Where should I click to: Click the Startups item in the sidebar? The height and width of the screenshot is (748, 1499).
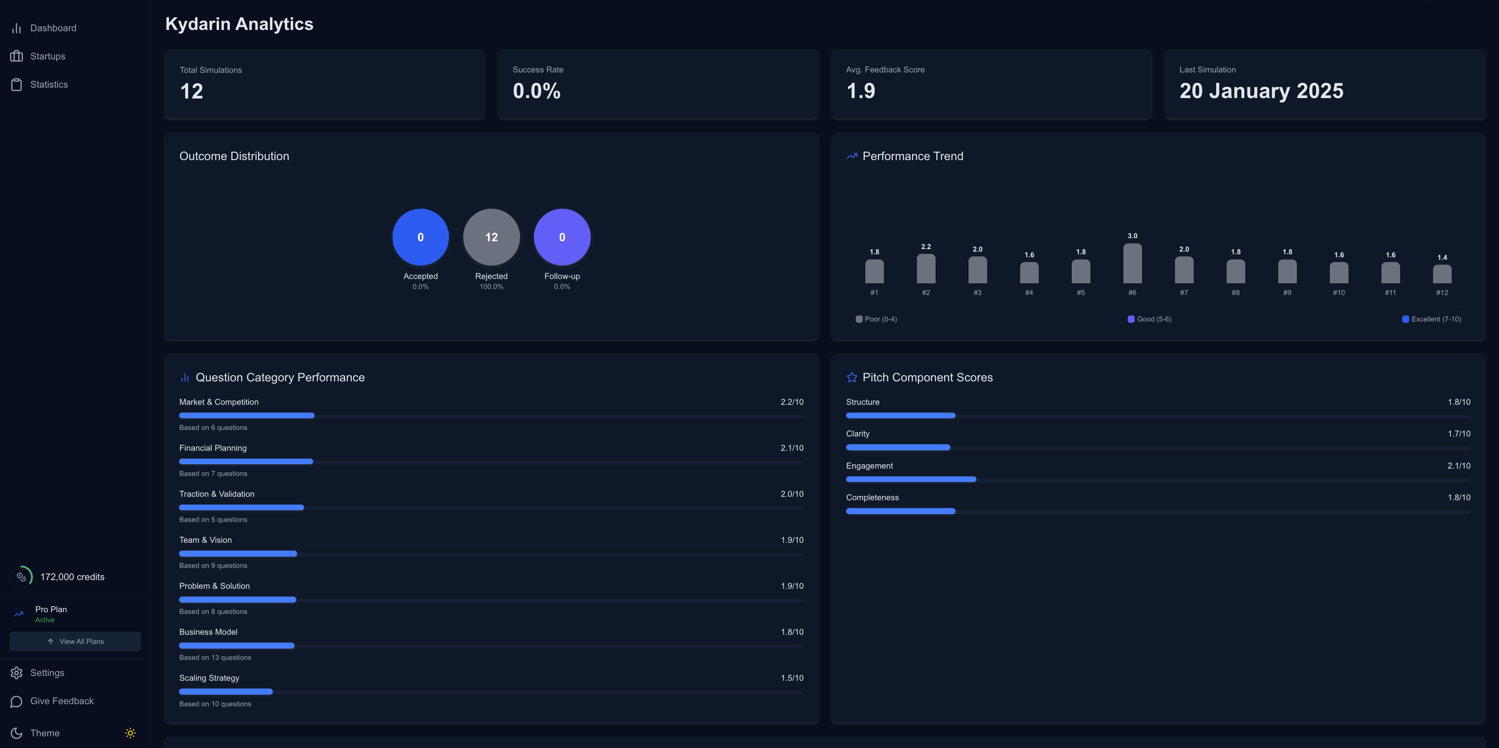pos(47,56)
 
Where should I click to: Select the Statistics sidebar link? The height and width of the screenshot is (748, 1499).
pos(49,85)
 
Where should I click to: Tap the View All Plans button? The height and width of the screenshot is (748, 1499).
pos(75,641)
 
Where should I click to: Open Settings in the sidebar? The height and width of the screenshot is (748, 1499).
pos(46,673)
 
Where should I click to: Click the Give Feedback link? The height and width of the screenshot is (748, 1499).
pos(61,701)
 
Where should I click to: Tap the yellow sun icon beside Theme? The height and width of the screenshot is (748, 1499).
pos(131,733)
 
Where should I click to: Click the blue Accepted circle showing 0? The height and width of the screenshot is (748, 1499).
pos(420,237)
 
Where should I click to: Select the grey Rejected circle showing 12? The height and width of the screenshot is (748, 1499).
pos(491,237)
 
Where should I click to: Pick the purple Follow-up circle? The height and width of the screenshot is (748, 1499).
pos(562,237)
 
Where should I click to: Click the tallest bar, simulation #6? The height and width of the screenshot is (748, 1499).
pos(1132,264)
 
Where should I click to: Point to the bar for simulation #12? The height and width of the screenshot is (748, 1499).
pos(1441,274)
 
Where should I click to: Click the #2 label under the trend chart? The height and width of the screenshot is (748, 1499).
pos(925,293)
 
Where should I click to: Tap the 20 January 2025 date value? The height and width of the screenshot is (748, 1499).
pos(1261,91)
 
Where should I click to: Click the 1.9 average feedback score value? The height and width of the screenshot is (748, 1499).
pos(861,91)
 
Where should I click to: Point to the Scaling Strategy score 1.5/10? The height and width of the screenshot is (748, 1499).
pos(792,678)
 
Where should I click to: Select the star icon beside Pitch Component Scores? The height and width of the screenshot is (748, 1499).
pos(852,377)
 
